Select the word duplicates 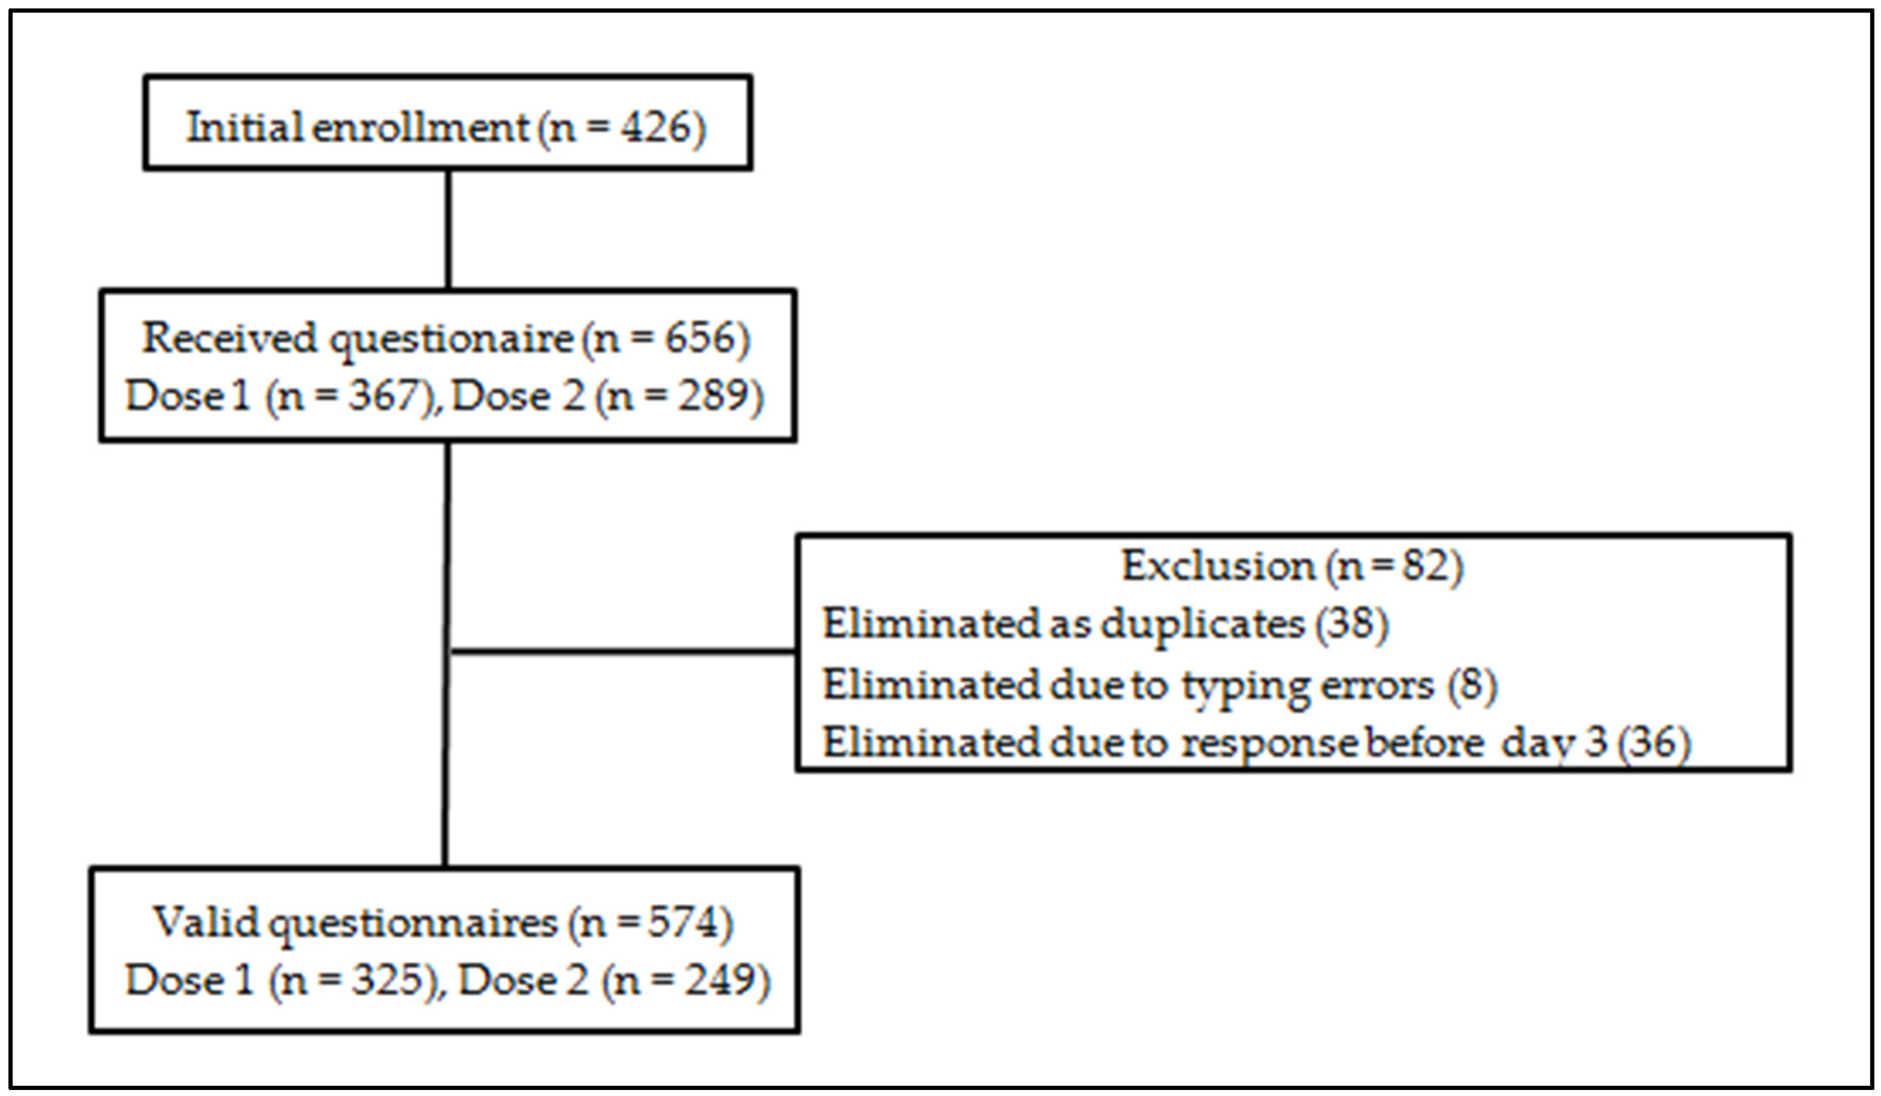(1202, 624)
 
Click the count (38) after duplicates (1351, 624)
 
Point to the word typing (1244, 685)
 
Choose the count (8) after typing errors (1472, 685)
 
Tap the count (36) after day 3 (1653, 744)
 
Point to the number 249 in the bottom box (720, 980)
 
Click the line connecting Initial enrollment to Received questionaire (448, 230)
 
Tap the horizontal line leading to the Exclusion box (623, 652)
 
